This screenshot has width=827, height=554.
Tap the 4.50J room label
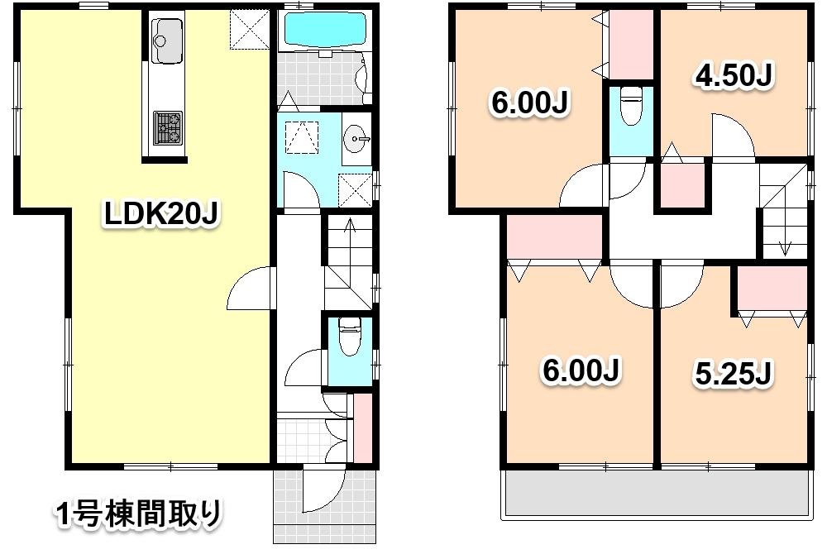click(733, 76)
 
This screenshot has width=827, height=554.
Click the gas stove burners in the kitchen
click(167, 127)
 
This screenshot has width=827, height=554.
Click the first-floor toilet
click(349, 338)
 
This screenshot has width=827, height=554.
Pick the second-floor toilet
click(631, 106)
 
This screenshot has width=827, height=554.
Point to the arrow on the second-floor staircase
click(784, 246)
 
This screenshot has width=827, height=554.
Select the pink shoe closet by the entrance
click(363, 428)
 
